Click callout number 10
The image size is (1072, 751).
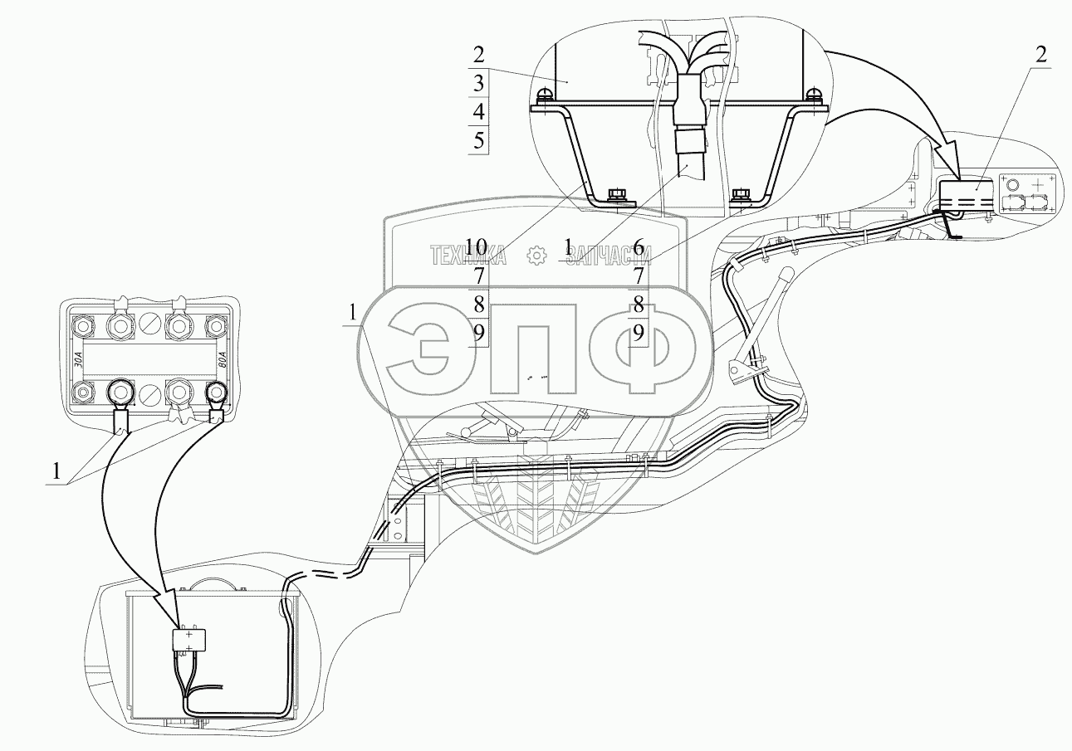475,246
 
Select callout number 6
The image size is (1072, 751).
638,246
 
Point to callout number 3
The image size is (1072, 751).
479,83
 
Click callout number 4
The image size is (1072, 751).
479,111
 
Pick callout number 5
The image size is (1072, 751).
479,140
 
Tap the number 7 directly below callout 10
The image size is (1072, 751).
479,275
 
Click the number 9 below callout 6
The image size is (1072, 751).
638,333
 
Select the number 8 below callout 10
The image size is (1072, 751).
479,304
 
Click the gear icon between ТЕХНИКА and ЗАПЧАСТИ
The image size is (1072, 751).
537,256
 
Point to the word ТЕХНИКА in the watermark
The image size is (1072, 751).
467,256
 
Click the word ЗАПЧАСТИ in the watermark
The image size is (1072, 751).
609,256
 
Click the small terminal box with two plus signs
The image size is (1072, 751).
189,639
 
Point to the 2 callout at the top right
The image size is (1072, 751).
1040,54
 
